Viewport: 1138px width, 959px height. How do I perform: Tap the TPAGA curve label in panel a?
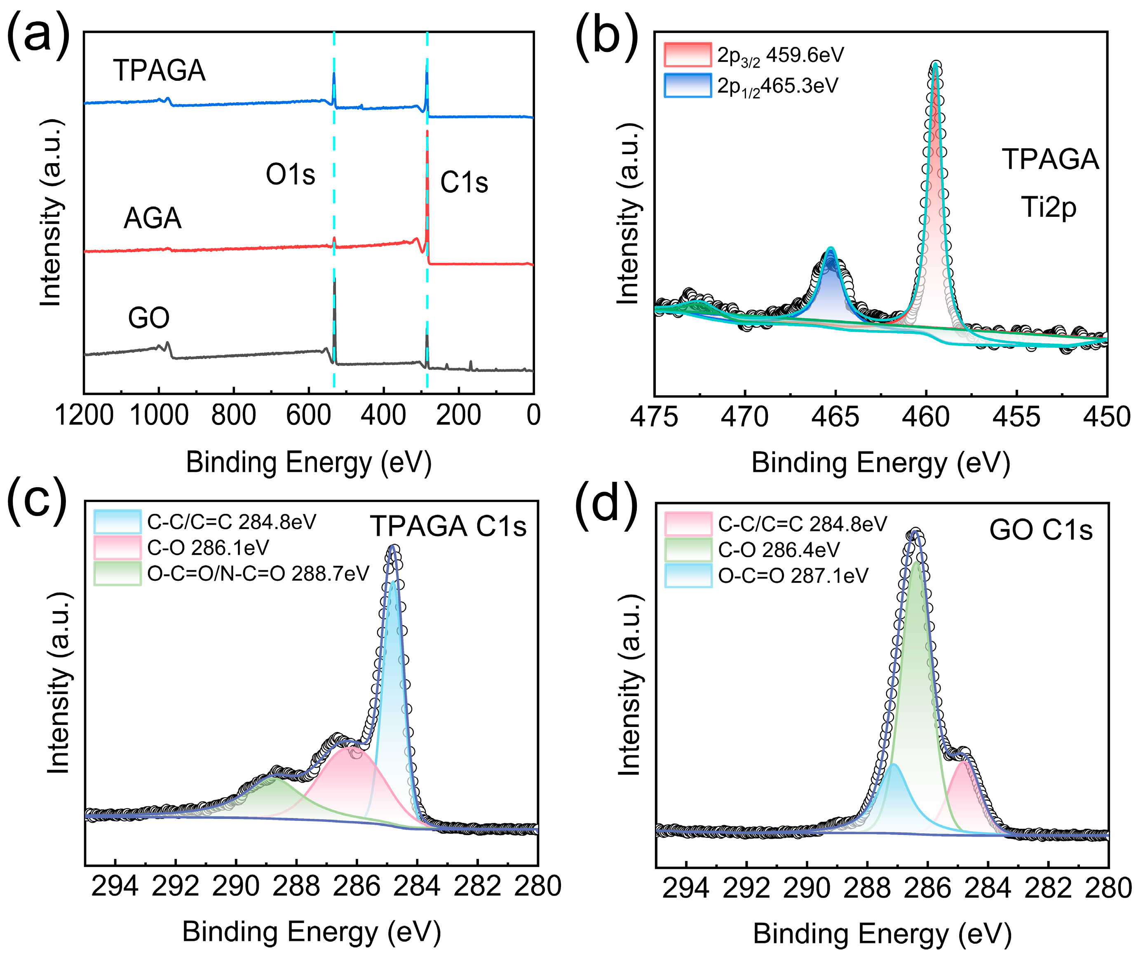(x=160, y=70)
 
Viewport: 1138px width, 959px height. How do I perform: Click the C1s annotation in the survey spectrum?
(x=464, y=182)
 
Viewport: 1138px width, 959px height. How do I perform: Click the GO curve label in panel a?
(x=148, y=318)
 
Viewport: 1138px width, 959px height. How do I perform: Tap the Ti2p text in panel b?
(x=1048, y=207)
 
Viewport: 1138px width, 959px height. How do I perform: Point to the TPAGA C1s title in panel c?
(x=448, y=526)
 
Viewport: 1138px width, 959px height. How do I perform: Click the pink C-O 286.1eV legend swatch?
(x=117, y=547)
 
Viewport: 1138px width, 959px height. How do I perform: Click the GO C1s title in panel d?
(x=1040, y=530)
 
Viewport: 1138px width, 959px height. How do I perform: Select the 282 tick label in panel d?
(x=1048, y=889)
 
